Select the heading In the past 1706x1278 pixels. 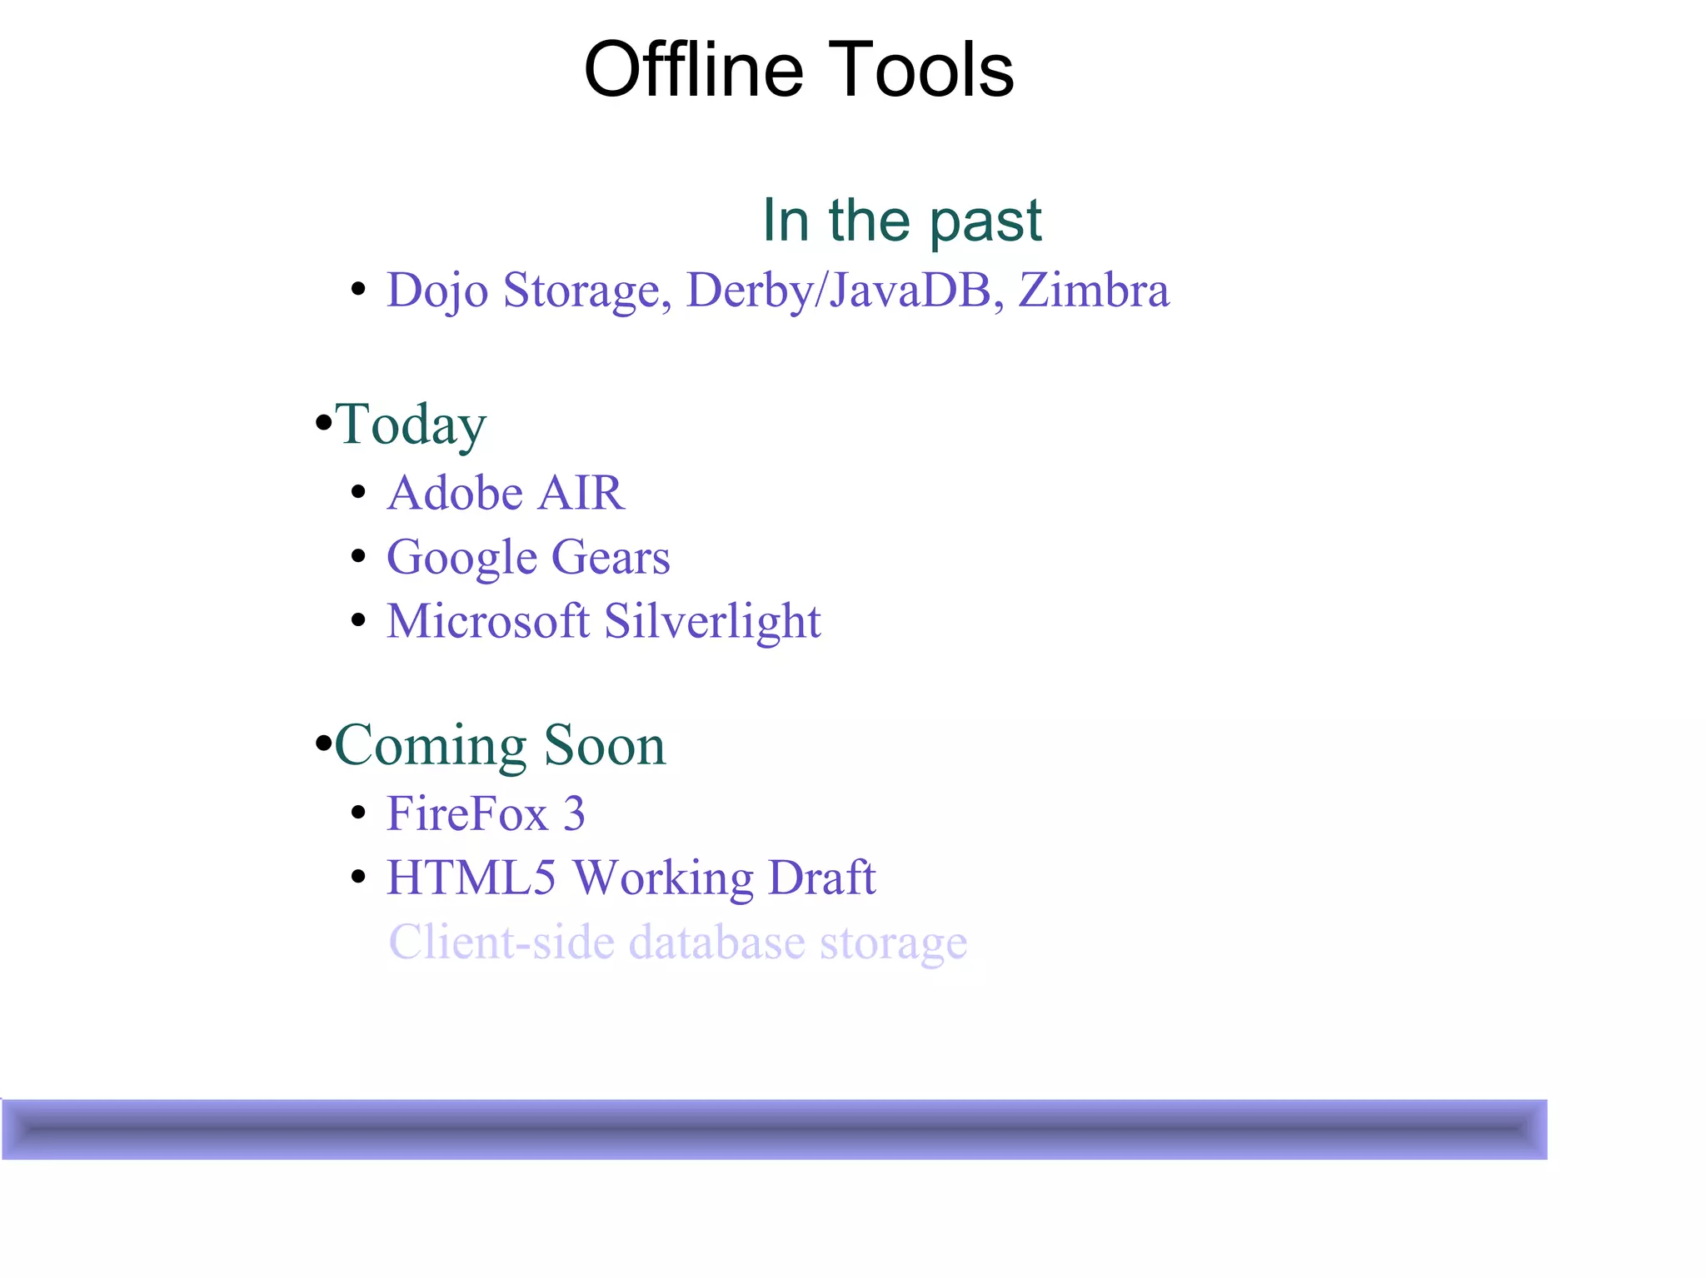(x=901, y=221)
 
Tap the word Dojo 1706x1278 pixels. (x=436, y=291)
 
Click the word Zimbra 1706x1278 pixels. (x=1094, y=291)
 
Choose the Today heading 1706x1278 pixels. (x=410, y=425)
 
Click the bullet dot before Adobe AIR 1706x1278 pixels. (x=359, y=492)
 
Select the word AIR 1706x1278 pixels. (x=581, y=493)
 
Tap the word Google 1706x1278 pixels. (x=461, y=558)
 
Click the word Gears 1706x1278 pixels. (x=611, y=557)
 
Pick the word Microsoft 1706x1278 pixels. (x=488, y=622)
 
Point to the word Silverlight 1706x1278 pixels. (x=712, y=622)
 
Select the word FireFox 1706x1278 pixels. (x=466, y=813)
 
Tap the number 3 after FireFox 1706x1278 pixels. (x=574, y=813)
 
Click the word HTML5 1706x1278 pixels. (x=471, y=878)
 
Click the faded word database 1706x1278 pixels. (x=716, y=942)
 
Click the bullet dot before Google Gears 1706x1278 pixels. (x=359, y=556)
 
